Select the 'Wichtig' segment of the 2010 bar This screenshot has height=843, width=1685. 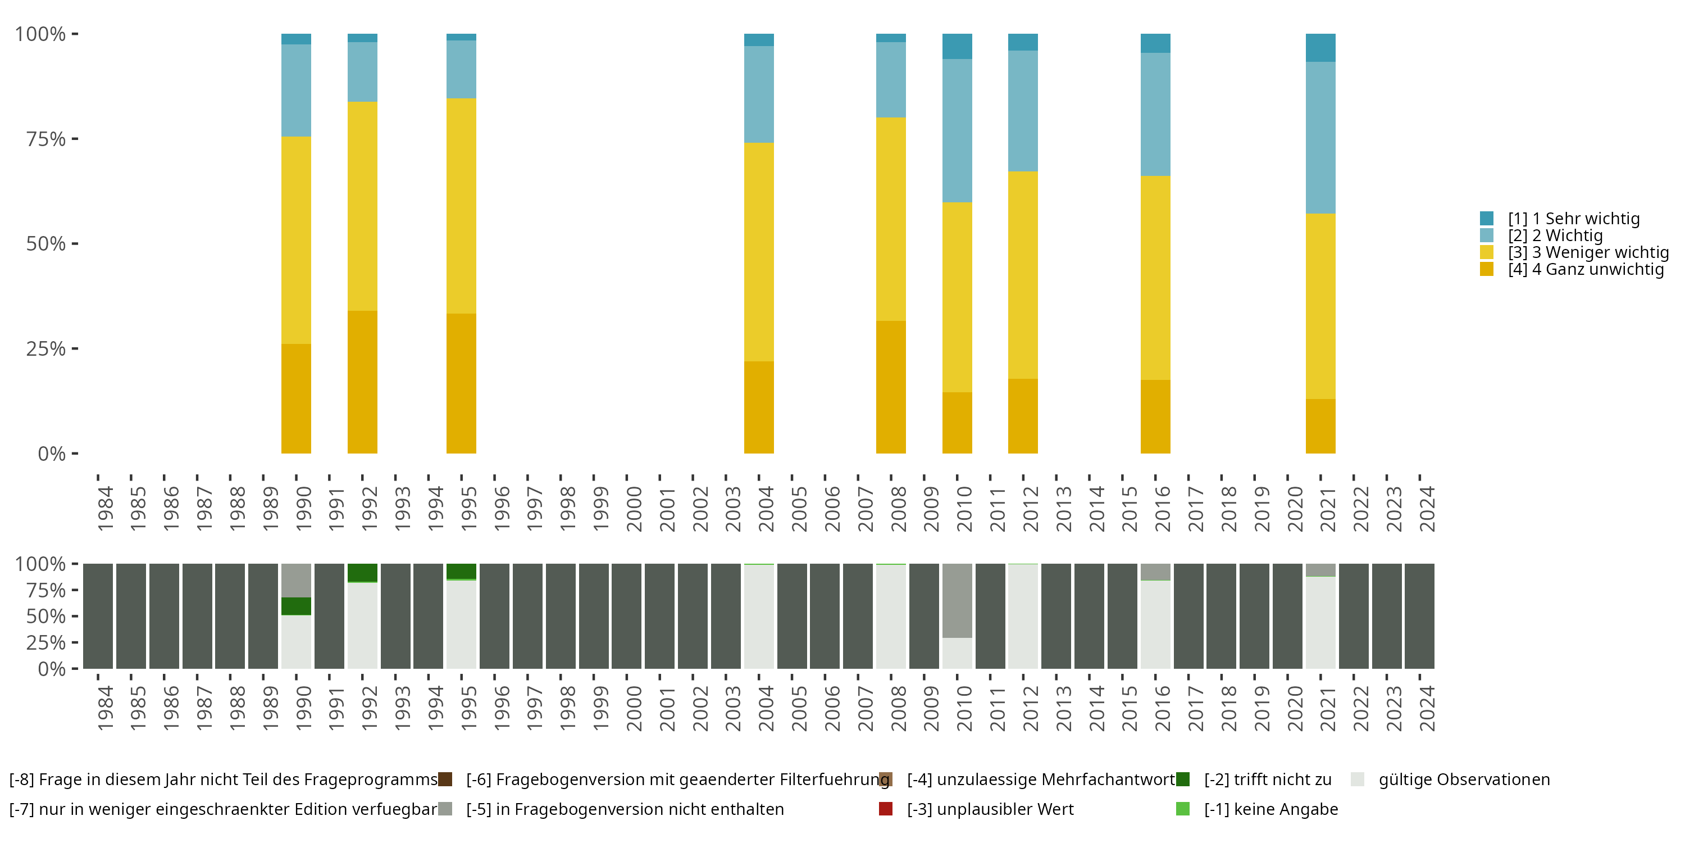coord(957,131)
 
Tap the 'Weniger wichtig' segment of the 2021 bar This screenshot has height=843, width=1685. coord(1320,306)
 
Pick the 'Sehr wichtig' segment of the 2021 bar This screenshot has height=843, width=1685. coord(1320,48)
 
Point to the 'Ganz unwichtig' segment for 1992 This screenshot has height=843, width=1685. coord(362,382)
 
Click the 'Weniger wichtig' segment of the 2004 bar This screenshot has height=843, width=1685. coord(759,252)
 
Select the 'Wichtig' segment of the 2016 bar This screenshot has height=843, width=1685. coord(1155,115)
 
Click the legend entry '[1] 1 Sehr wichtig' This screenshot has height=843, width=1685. coord(1573,219)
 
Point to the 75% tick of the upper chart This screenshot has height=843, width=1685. coord(75,139)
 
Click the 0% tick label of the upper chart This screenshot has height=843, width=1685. coord(52,454)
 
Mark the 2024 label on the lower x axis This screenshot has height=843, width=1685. coord(1427,708)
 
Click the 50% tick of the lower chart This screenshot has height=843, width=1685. coord(75,616)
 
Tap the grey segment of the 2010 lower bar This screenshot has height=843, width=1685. coord(957,600)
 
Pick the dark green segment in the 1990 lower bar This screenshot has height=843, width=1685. coord(295,606)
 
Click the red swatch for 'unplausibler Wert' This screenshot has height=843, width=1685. coord(886,809)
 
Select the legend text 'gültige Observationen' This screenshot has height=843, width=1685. coord(1464,779)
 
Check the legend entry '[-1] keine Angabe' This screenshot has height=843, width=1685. coord(1270,809)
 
